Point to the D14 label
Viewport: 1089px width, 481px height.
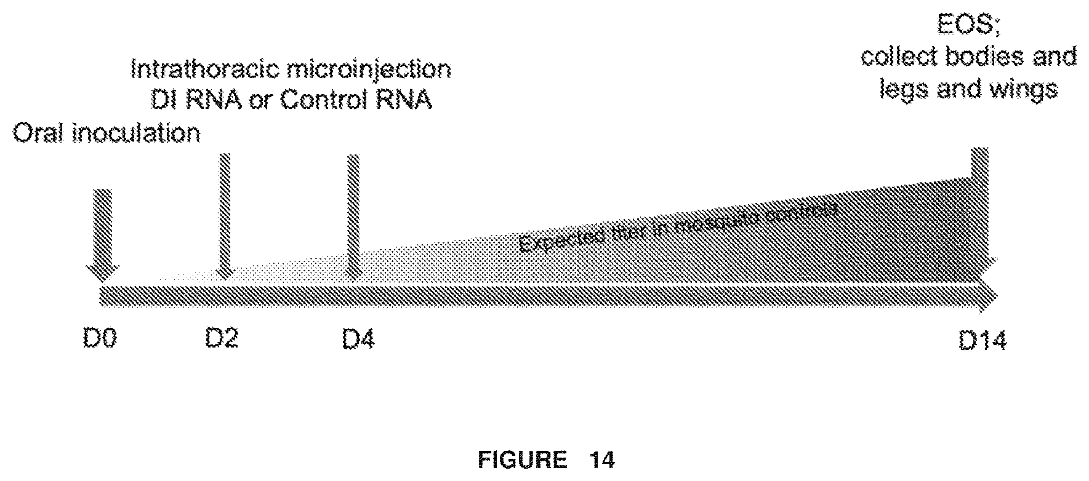tap(983, 341)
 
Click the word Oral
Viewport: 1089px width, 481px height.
tap(39, 133)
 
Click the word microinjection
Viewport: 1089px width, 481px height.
tap(379, 69)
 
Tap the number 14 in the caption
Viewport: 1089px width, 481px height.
tap(601, 459)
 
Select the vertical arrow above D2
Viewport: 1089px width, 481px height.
tap(225, 215)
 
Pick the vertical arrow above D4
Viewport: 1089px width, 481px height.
tap(353, 215)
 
